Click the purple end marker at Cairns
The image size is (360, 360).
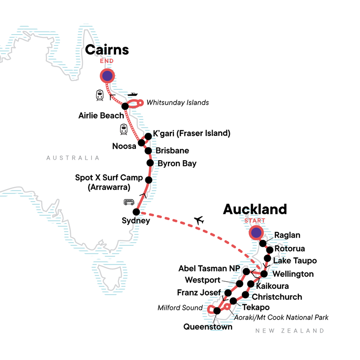click(107, 76)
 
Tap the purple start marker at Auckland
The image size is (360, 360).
click(256, 233)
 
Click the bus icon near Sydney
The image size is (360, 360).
click(129, 202)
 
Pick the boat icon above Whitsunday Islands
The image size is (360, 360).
click(132, 95)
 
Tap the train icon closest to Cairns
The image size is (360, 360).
click(100, 95)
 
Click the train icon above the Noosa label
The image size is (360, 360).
click(124, 129)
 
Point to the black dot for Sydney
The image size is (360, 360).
click(136, 211)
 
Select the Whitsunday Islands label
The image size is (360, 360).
click(178, 103)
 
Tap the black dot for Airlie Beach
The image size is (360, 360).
click(125, 106)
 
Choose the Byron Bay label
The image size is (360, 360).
click(177, 163)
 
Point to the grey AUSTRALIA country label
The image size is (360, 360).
click(72, 158)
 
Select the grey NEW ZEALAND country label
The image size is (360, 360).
click(289, 331)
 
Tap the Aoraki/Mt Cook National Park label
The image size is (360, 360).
click(281, 318)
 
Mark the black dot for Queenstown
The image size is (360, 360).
click(217, 310)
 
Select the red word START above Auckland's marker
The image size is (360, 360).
click(256, 220)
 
